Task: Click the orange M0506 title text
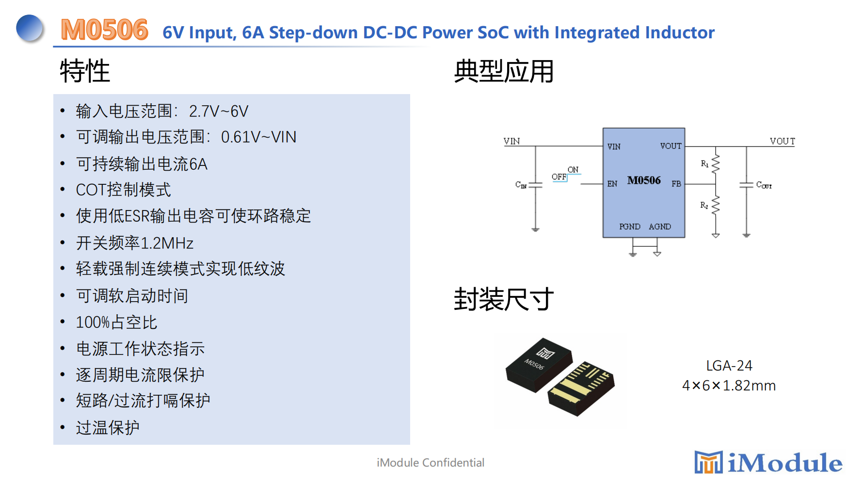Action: click(104, 30)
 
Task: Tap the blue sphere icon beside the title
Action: click(30, 28)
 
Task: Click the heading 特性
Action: click(85, 71)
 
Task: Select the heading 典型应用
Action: click(503, 71)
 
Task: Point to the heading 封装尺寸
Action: click(503, 299)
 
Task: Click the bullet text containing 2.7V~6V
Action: click(162, 111)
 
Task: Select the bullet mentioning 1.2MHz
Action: click(135, 242)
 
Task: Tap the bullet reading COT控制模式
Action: click(123, 190)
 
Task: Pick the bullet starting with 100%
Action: click(116, 322)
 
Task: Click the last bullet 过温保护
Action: click(108, 427)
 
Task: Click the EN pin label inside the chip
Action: click(612, 184)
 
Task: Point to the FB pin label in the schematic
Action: click(676, 184)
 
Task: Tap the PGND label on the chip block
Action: click(629, 226)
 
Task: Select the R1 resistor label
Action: click(704, 164)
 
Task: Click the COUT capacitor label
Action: click(764, 185)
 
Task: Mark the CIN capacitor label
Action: click(521, 185)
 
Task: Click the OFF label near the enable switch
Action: click(559, 177)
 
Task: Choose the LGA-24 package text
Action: click(729, 365)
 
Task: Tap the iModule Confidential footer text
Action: click(431, 463)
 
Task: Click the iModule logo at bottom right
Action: click(768, 462)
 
